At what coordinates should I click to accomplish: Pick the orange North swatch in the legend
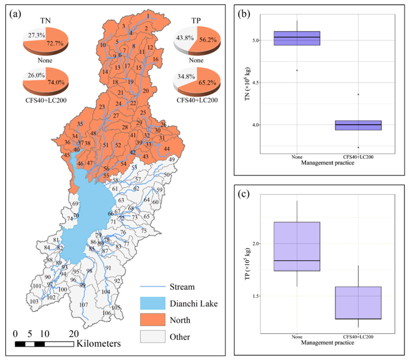pyautogui.click(x=152, y=320)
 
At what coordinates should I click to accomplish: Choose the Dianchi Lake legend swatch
pyautogui.click(x=152, y=303)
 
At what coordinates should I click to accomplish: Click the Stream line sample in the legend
pyautogui.click(x=152, y=286)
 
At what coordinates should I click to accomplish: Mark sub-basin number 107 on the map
pyautogui.click(x=83, y=305)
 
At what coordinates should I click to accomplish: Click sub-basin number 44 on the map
pyautogui.click(x=166, y=149)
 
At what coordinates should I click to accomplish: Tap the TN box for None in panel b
pyautogui.click(x=297, y=38)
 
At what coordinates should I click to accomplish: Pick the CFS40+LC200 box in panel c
pyautogui.click(x=358, y=303)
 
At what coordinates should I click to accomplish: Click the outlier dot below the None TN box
pyautogui.click(x=297, y=70)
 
